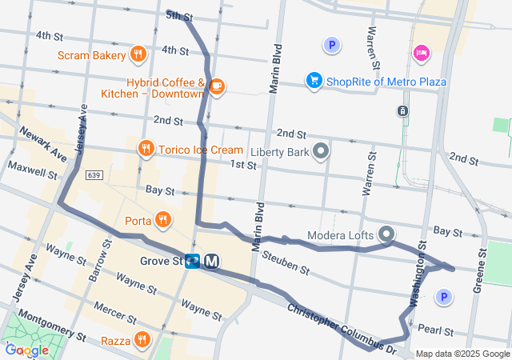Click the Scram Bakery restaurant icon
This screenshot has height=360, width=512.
click(138, 55)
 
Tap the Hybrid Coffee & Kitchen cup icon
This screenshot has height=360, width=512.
click(216, 86)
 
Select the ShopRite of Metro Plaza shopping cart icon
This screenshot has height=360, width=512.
click(314, 81)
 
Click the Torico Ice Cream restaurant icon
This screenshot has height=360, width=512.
click(146, 149)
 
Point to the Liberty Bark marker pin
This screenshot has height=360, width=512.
click(321, 151)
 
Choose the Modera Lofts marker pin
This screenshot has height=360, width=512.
click(386, 234)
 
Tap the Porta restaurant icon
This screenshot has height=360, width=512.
click(162, 219)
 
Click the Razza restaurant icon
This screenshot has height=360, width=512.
click(142, 339)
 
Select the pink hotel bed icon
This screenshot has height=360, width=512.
click(421, 53)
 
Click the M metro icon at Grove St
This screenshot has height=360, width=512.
click(212, 262)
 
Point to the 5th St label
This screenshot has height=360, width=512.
click(179, 15)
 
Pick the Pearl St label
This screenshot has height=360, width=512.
click(435, 330)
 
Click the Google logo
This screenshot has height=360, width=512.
click(26, 349)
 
